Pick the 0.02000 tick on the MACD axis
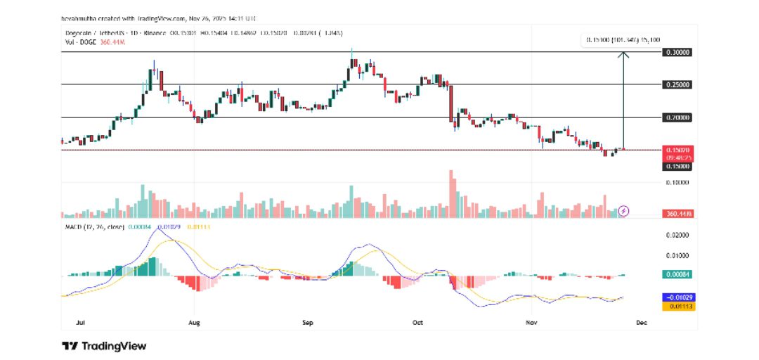[x=678, y=236]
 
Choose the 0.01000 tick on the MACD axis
[x=678, y=255]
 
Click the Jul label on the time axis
[x=80, y=323]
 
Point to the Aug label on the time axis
[x=195, y=323]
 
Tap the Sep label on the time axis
[x=307, y=323]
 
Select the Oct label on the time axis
[x=417, y=323]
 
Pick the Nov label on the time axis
[x=531, y=323]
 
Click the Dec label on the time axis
[x=641, y=323]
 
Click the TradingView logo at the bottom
[x=104, y=346]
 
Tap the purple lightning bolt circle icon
[x=623, y=210]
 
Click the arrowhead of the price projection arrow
[x=623, y=55]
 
